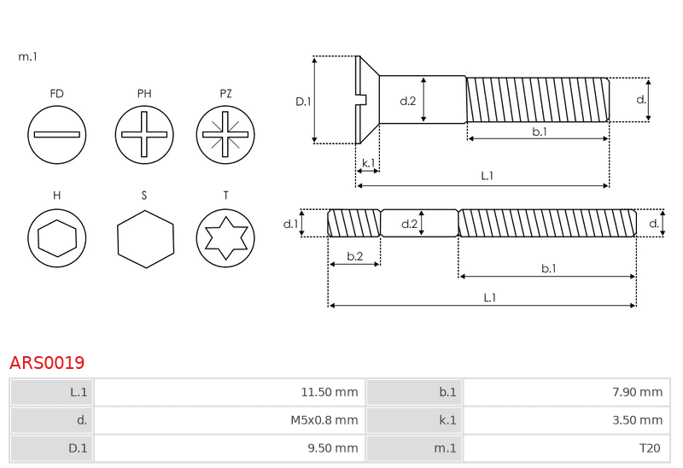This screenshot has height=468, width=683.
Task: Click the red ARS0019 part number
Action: pos(47,363)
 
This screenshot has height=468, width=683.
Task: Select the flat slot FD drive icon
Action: pos(57,135)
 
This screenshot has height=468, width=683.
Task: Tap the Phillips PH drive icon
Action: pos(144,135)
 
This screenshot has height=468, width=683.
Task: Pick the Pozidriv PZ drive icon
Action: pos(225,135)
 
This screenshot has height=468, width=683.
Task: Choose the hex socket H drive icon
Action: pos(57,238)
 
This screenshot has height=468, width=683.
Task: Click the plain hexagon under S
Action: pos(145,239)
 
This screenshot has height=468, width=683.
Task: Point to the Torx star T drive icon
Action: pos(225,238)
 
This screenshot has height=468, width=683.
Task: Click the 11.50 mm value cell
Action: pos(230,392)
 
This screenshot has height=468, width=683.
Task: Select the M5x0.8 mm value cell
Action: pos(230,420)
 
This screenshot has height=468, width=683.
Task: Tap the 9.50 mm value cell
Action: pos(230,448)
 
